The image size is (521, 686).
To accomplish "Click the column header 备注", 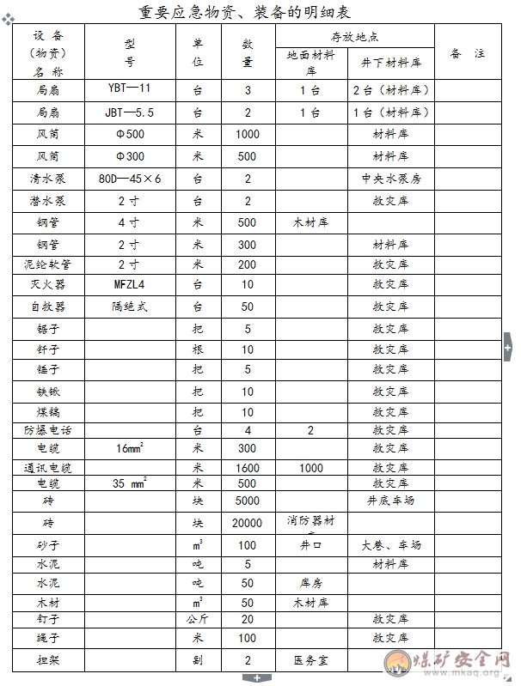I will (468, 53).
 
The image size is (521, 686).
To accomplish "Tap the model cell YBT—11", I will (130, 89).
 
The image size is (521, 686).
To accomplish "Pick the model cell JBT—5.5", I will (130, 112).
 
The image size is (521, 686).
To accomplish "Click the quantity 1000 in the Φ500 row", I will (247, 134).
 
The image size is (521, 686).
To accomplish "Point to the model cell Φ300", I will (130, 156).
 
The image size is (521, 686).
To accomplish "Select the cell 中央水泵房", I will (390, 179).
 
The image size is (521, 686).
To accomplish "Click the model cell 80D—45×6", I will (130, 179).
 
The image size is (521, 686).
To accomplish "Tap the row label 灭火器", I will (48, 284).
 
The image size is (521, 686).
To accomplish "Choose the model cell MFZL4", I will (130, 284).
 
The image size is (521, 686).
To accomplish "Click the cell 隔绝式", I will (130, 307).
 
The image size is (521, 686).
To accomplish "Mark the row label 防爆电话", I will (48, 430).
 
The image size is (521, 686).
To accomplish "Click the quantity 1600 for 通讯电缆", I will (247, 468).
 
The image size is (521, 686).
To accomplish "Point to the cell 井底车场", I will (390, 500).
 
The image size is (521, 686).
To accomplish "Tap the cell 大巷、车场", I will (390, 545).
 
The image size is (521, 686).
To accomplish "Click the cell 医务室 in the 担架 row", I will (311, 660).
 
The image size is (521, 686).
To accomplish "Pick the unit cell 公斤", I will (198, 619).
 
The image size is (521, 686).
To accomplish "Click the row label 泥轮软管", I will (48, 264).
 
